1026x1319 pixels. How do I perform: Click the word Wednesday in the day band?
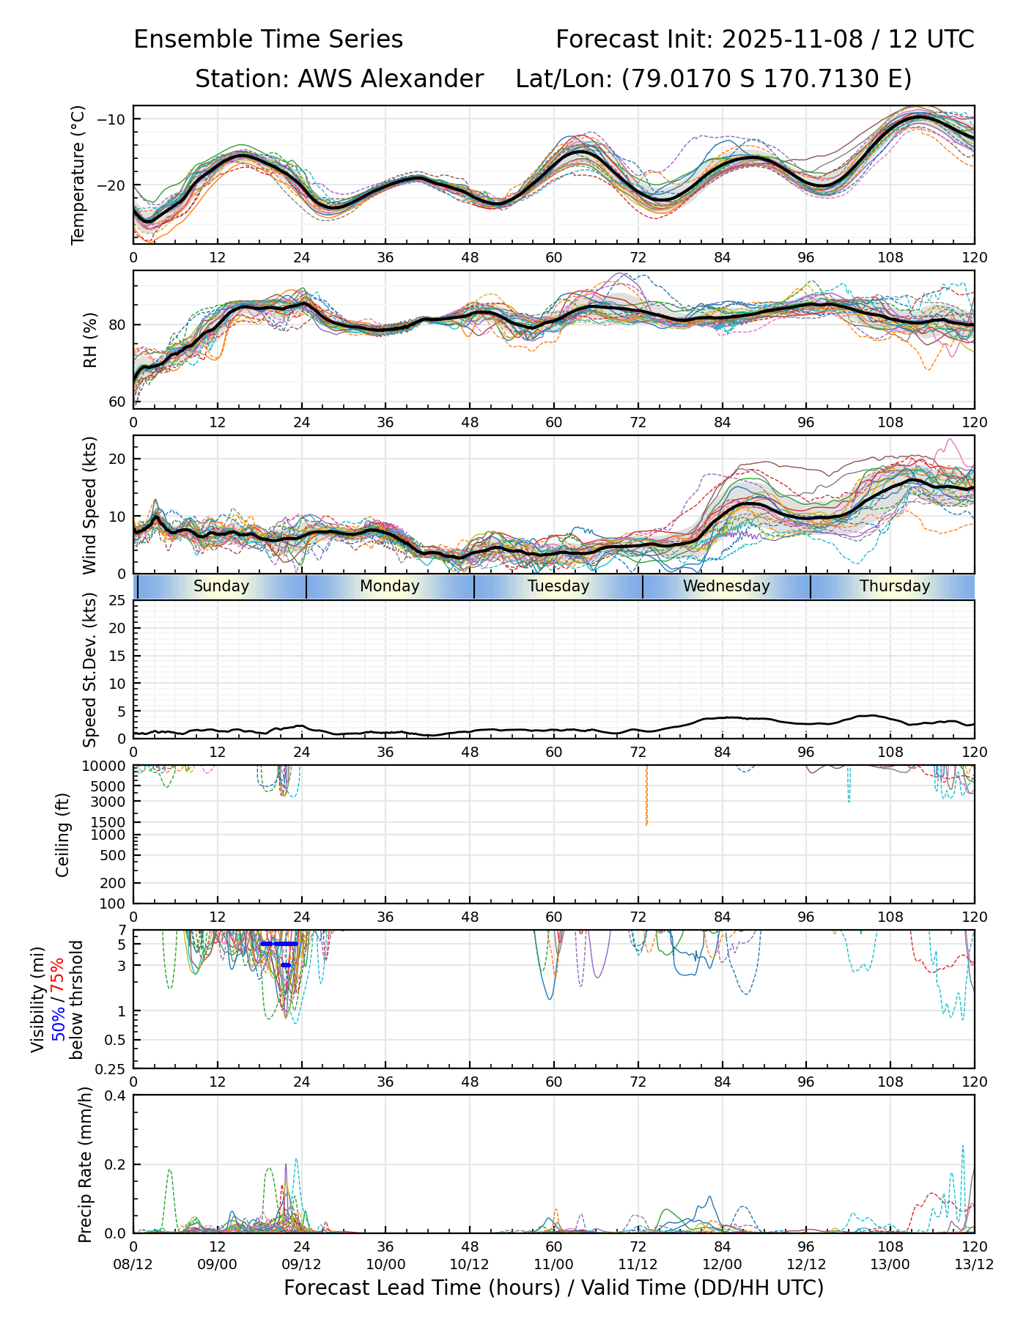(x=726, y=586)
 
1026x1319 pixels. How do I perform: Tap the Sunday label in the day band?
(x=221, y=586)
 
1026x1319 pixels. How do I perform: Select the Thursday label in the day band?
(x=894, y=586)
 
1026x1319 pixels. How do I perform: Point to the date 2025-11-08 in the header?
(x=792, y=40)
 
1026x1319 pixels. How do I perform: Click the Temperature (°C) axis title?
(x=78, y=174)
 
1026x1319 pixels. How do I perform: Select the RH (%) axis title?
(x=90, y=339)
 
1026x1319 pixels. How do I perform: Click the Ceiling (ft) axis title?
(x=63, y=835)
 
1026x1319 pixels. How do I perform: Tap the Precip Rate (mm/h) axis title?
(x=86, y=1164)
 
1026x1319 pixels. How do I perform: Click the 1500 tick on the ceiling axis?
(x=111, y=821)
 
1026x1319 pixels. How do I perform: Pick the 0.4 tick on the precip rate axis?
(x=116, y=1096)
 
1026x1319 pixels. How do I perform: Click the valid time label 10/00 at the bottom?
(x=385, y=1265)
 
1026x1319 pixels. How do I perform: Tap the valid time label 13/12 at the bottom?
(x=974, y=1265)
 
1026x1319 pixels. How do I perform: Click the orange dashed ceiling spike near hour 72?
(x=646, y=799)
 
